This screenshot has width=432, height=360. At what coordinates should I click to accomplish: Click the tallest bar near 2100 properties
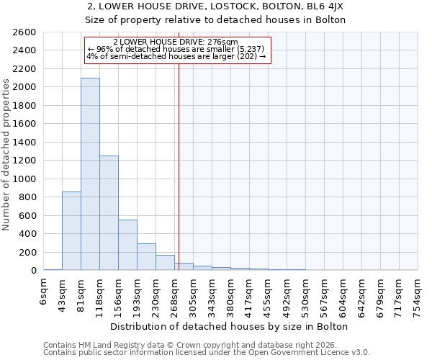tap(90, 174)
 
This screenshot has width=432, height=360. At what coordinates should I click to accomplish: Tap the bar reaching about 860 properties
tap(71, 230)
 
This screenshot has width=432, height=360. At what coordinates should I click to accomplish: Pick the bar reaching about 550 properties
tap(127, 245)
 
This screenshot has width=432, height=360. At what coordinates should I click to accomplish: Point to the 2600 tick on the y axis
tap(24, 32)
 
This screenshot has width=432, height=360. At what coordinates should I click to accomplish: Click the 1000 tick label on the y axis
tap(24, 179)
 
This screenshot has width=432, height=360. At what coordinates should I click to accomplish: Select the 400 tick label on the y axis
tap(27, 234)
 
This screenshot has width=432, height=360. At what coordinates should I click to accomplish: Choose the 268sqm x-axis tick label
tap(175, 292)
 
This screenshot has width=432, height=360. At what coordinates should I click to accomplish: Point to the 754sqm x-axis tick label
tap(418, 292)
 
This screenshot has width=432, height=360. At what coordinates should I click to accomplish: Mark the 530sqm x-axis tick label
tap(306, 292)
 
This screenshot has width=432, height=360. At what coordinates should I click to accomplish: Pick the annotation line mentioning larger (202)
tap(176, 56)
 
